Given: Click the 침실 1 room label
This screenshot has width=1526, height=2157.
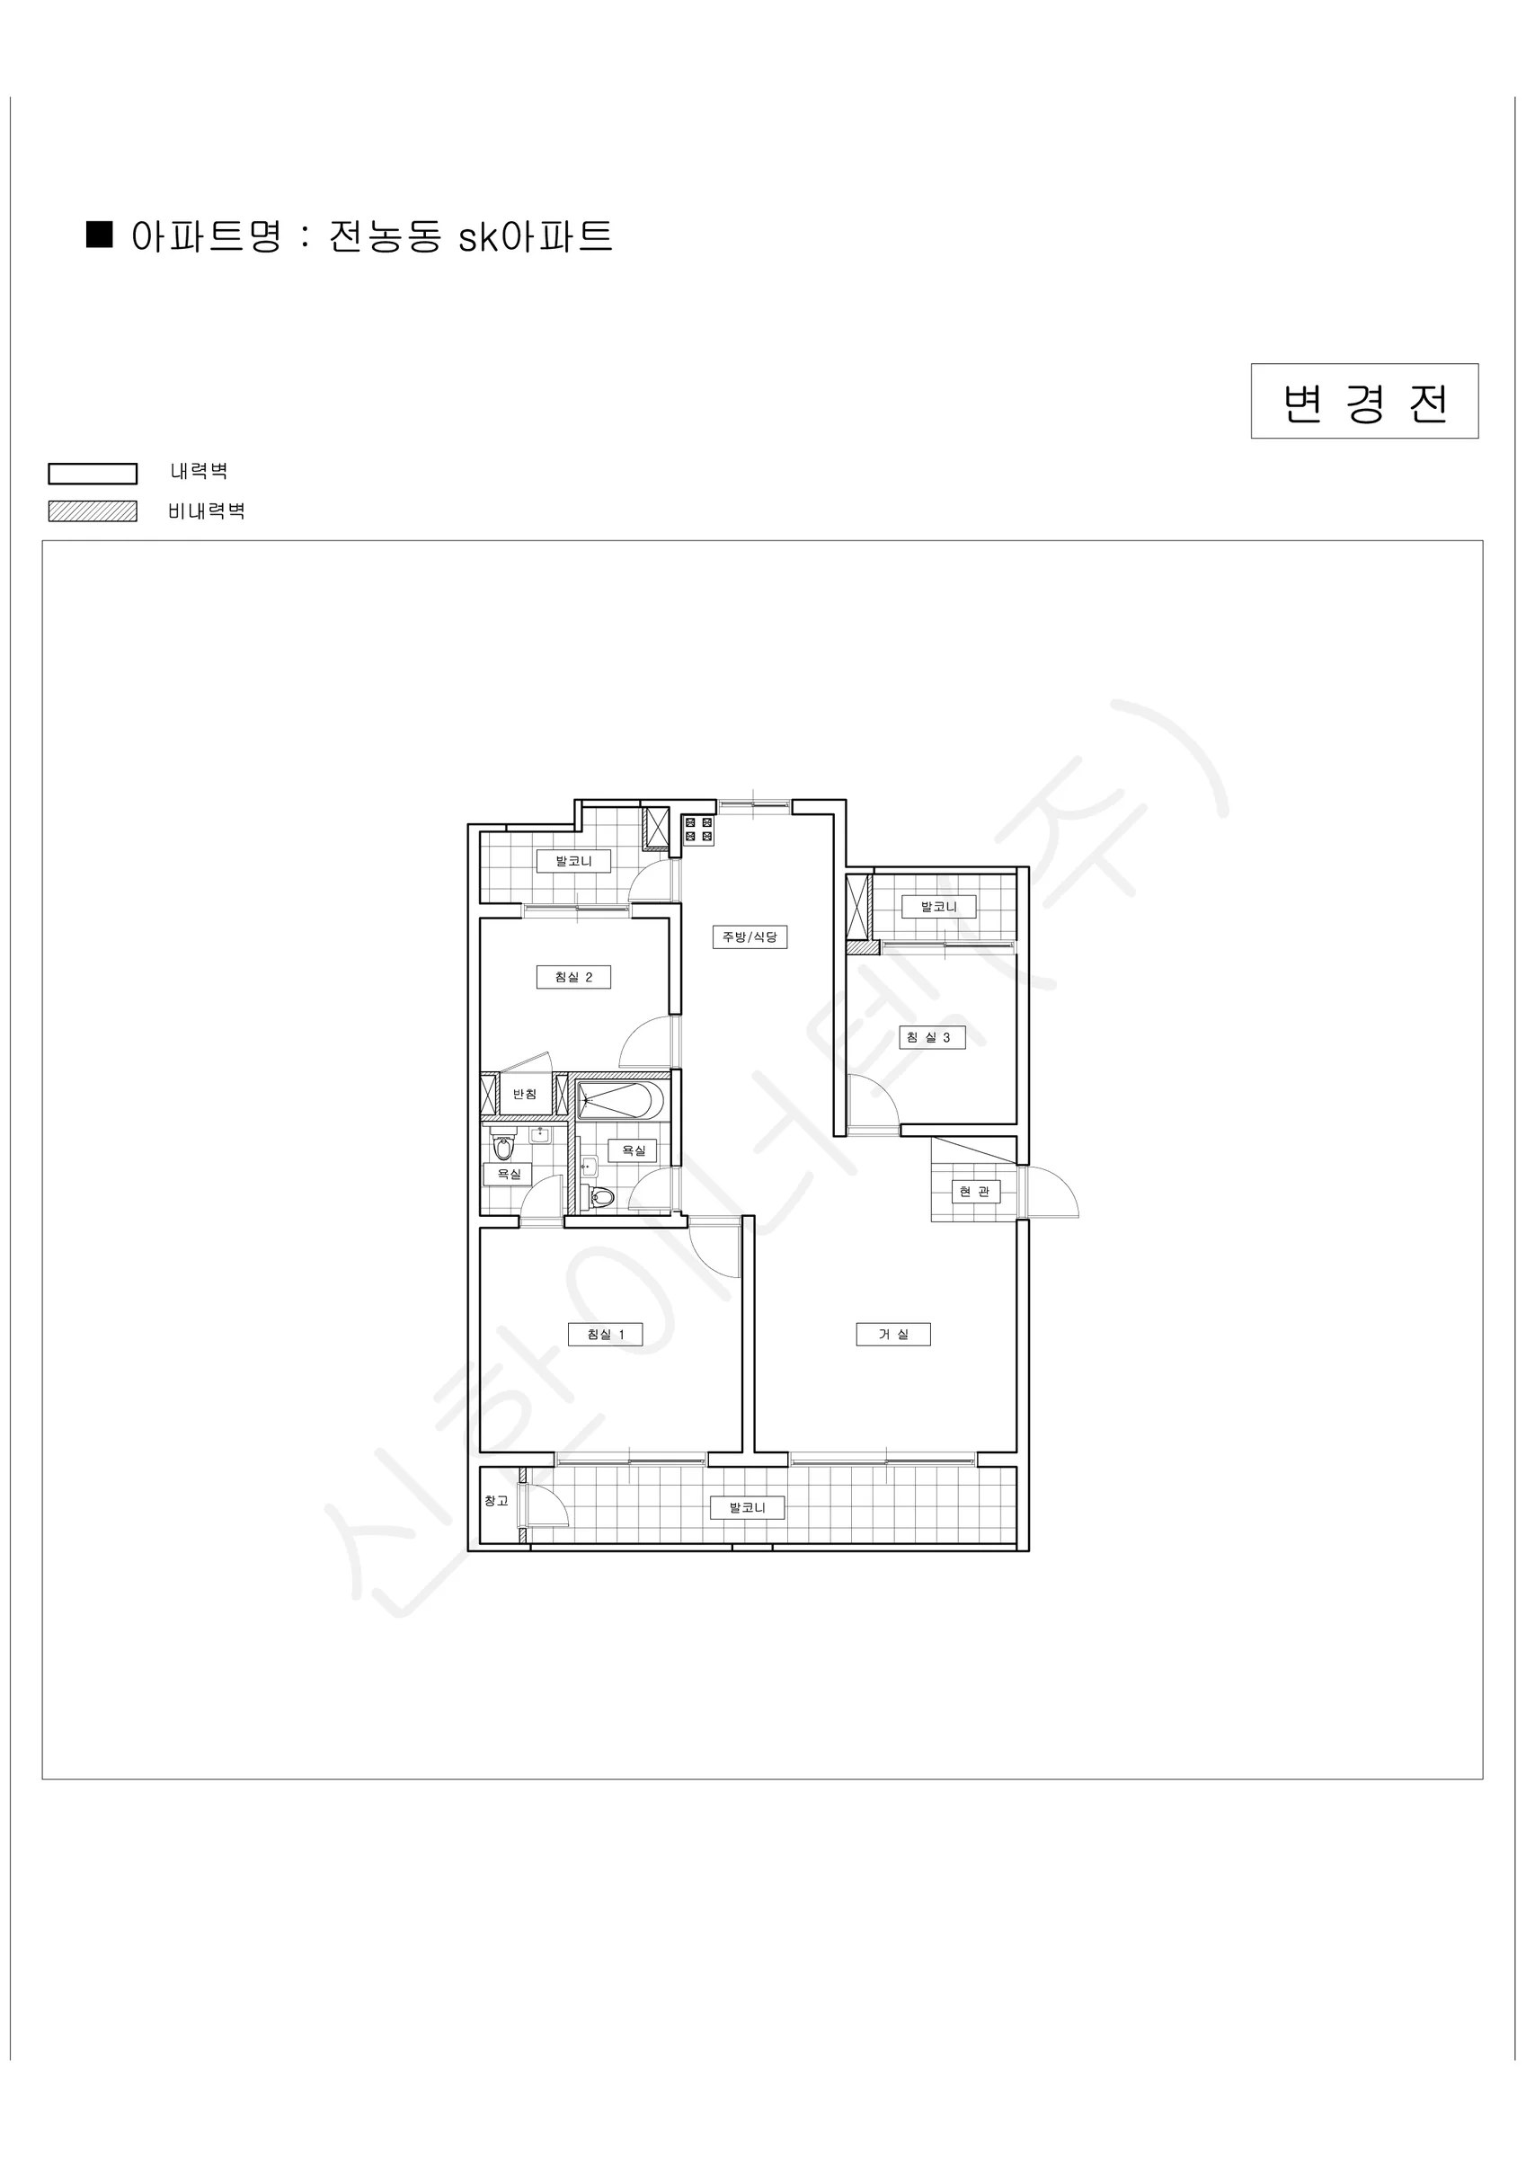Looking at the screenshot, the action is click(605, 1334).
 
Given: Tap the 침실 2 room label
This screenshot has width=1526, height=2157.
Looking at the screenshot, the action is click(573, 977).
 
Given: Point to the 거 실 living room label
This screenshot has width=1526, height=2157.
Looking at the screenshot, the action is click(892, 1334).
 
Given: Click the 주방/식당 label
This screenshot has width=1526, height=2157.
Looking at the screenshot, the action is click(750, 936).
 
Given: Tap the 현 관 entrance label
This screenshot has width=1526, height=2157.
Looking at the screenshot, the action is click(974, 1191).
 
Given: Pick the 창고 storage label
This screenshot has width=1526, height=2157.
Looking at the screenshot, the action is click(496, 1501).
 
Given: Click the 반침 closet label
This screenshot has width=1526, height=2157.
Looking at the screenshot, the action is click(524, 1095).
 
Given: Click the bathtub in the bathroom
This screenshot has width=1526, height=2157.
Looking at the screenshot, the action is click(620, 1100).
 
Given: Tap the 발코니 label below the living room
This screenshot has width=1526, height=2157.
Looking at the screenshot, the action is click(748, 1508).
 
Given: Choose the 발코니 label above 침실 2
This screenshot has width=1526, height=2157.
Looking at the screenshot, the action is click(573, 860).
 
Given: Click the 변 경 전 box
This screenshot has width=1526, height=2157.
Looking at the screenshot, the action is click(1364, 401).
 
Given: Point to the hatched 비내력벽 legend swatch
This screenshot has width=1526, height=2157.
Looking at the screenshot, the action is click(93, 511).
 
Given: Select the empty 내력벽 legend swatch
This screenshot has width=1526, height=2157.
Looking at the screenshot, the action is click(93, 474).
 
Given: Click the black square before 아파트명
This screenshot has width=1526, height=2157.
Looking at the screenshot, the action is click(100, 235).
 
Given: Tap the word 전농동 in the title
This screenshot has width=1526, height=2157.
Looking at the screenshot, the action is click(386, 236).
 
